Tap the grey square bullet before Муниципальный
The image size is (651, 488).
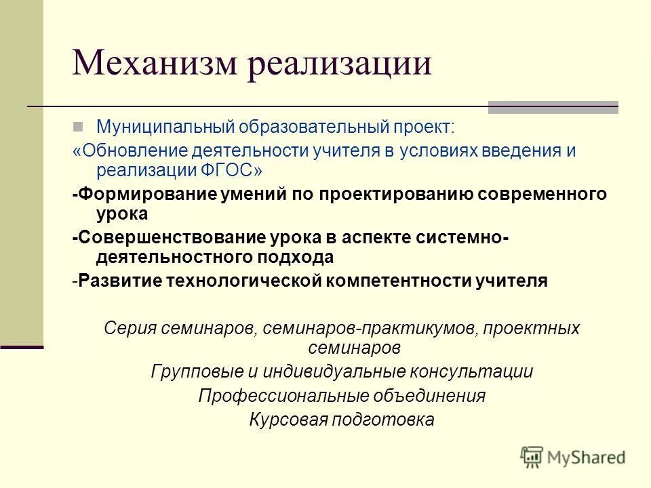(79, 126)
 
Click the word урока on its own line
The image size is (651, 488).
(122, 213)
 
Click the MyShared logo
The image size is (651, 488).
(573, 455)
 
